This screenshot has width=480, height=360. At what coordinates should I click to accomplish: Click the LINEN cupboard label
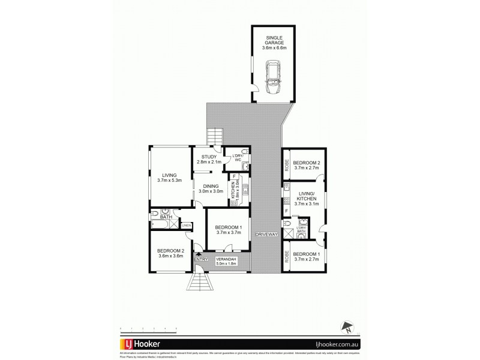tap(187, 225)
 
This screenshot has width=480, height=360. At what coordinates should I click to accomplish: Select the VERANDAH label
tap(227, 259)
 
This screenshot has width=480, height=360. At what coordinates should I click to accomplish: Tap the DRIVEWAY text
tap(266, 234)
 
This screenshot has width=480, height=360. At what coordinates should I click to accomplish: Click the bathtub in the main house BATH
tap(160, 225)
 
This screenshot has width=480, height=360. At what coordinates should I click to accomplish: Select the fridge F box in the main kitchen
tap(235, 176)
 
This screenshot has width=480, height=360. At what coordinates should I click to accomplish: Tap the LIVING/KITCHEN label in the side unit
tap(306, 196)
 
